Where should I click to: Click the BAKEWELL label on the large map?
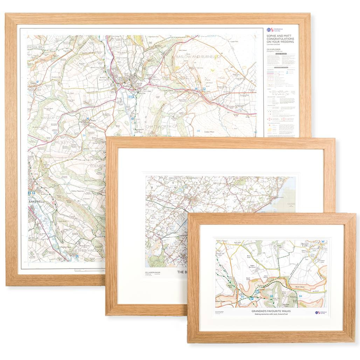pyautogui.click(x=38, y=202)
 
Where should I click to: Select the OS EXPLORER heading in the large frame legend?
pyautogui.click(x=274, y=50)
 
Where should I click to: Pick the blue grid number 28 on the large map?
pyautogui.click(x=198, y=131)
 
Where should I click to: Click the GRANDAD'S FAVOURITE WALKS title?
pyautogui.click(x=271, y=311)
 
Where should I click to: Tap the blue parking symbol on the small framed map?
pyautogui.click(x=251, y=298)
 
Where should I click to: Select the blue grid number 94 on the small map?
pyautogui.click(x=300, y=296)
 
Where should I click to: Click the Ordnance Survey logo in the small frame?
pyautogui.click(x=320, y=312)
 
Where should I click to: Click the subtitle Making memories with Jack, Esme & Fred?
pyautogui.click(x=271, y=314)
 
